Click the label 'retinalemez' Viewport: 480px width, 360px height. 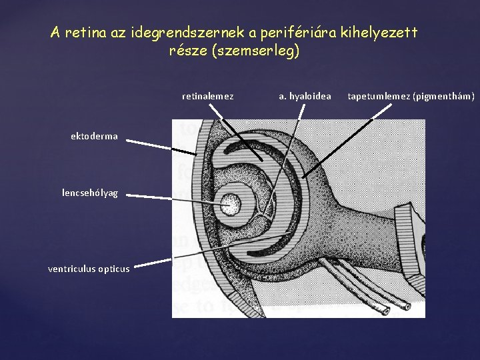coord(207,96)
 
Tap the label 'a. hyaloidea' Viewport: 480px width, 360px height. coord(305,96)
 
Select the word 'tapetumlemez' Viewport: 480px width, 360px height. coord(379,96)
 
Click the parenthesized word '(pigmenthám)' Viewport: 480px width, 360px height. coord(443,96)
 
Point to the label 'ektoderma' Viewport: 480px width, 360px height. coord(94,136)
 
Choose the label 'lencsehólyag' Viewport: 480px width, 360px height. coord(89,193)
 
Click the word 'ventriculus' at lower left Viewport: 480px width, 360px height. coord(72,269)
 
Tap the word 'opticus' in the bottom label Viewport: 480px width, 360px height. coord(113,269)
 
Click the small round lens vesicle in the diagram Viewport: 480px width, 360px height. coord(230,201)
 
